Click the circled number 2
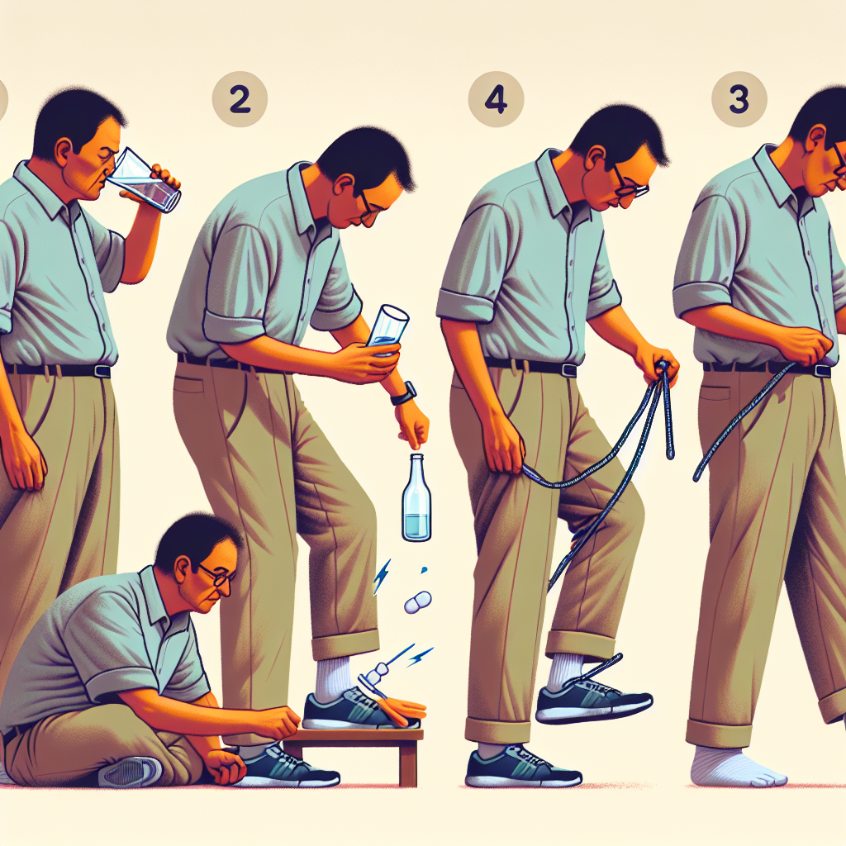tap(240, 100)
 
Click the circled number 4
tap(496, 100)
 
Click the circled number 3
tap(739, 99)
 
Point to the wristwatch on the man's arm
tap(404, 392)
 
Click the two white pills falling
tap(418, 602)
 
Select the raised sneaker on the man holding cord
tap(593, 700)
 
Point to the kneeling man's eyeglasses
tap(217, 575)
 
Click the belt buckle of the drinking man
tap(102, 371)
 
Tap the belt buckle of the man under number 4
tap(568, 370)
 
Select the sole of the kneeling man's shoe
tap(130, 772)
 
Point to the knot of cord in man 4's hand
tap(662, 368)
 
